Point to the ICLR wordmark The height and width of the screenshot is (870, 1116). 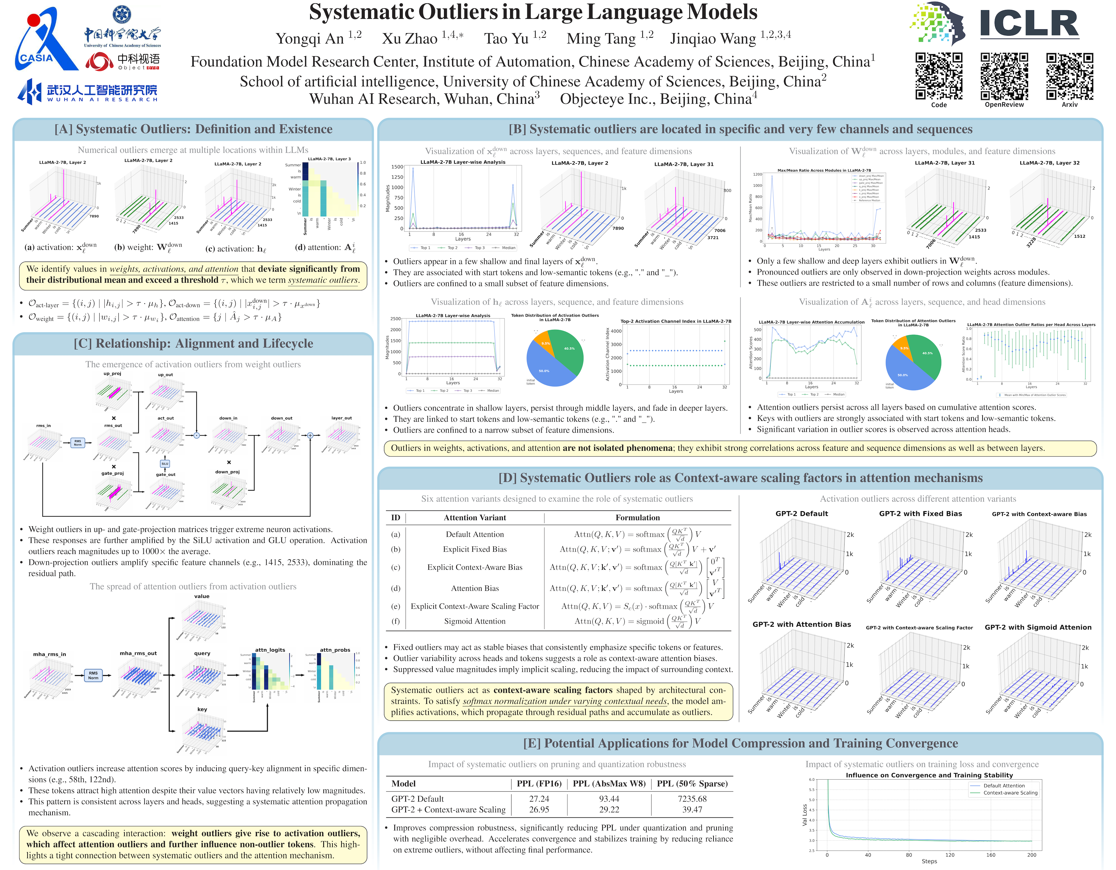tap(1029, 24)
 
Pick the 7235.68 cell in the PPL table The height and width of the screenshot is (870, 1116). tap(692, 798)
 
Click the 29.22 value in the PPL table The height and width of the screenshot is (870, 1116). tap(609, 810)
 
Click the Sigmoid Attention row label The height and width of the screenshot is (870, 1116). tap(475, 621)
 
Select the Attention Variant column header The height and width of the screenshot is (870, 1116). tap(475, 517)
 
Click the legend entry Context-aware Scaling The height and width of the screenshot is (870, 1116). tap(1010, 793)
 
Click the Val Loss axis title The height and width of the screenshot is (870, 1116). tap(804, 815)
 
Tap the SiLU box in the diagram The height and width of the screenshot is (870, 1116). tap(165, 464)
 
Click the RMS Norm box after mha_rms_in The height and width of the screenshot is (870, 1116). tap(93, 675)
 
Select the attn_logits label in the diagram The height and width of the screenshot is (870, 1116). tap(270, 650)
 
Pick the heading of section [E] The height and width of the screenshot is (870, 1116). tap(740, 743)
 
